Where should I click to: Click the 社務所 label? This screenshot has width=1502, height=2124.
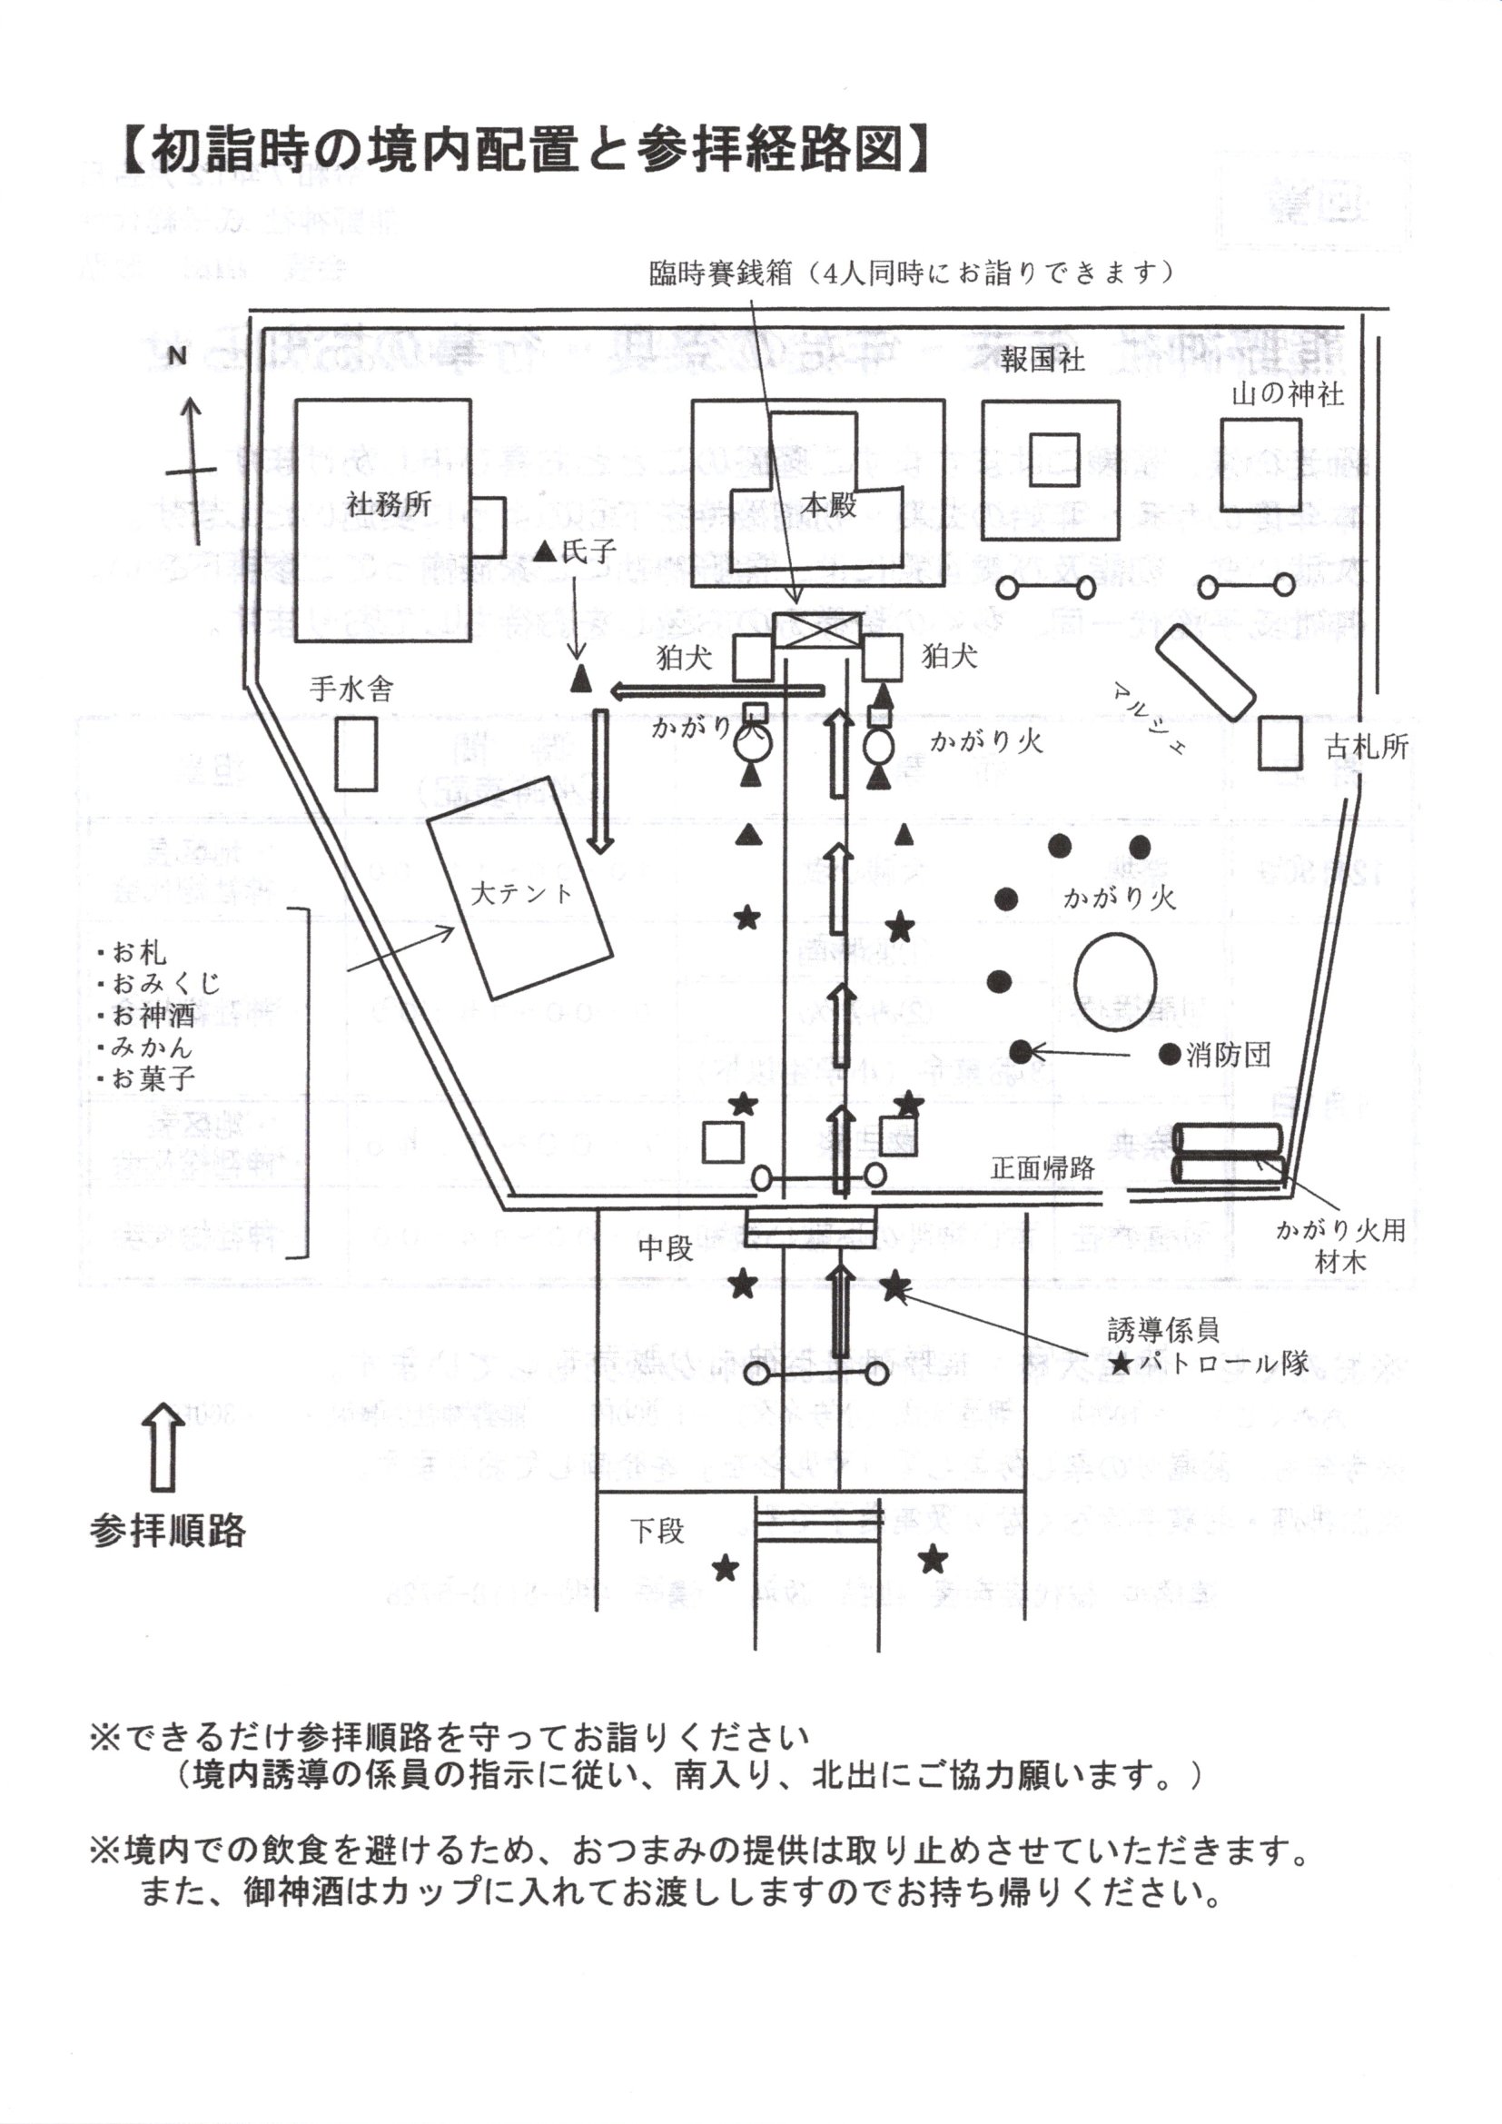389,505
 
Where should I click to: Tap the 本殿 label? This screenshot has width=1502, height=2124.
828,505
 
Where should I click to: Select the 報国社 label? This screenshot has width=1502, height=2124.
1043,360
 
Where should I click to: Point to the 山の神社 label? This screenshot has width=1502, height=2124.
1288,395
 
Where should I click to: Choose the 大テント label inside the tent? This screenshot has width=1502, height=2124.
521,893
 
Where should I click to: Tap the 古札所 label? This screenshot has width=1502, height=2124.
1366,747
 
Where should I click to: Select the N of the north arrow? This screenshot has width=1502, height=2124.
177,356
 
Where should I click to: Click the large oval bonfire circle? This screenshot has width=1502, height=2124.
1114,982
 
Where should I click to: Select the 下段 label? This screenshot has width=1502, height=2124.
657,1531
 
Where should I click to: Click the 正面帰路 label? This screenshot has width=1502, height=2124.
1043,1167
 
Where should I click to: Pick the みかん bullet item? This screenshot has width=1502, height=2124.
151,1047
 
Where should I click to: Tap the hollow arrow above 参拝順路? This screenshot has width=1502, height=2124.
163,1448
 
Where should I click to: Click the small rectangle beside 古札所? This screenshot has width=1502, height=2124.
1280,742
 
